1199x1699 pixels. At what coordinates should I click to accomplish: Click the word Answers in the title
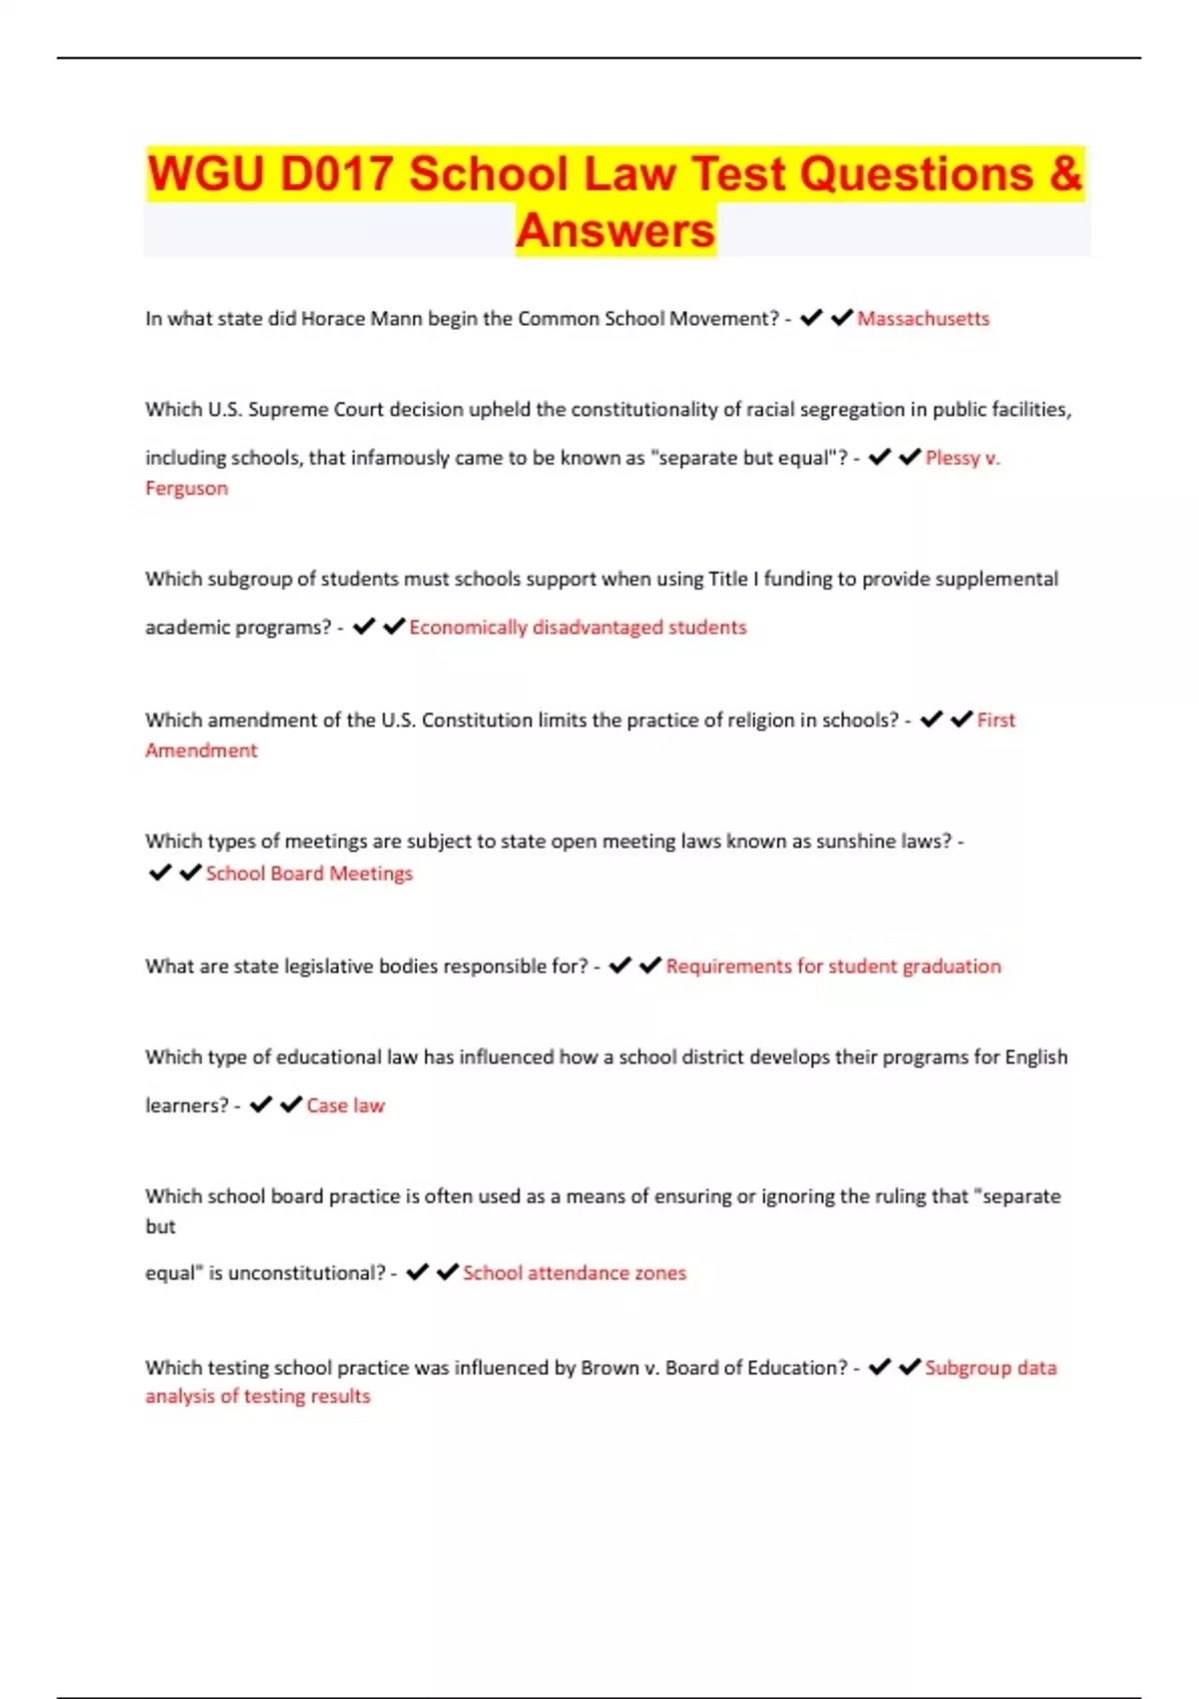(x=615, y=231)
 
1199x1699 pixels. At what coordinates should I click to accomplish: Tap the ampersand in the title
(x=1066, y=174)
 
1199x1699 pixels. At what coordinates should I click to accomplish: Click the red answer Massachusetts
(x=923, y=319)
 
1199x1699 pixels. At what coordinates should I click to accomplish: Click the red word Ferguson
(x=187, y=489)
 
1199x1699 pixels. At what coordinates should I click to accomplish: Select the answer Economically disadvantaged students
(x=578, y=628)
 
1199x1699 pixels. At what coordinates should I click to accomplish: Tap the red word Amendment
(x=201, y=751)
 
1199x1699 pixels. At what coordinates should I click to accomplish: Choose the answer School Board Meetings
(x=309, y=873)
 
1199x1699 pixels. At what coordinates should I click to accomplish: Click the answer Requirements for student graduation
(x=833, y=966)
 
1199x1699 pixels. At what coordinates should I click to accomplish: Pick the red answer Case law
(x=346, y=1105)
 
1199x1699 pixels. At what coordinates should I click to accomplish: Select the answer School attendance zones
(x=575, y=1273)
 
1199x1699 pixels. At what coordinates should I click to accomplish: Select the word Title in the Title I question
(x=728, y=580)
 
